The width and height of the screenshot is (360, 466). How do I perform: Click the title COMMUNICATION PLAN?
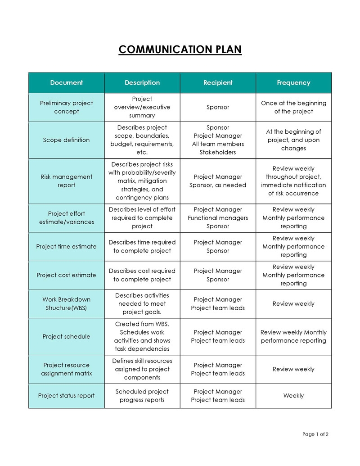180,49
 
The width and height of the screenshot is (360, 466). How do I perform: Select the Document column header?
67,83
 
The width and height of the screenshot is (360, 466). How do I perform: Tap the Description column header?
142,83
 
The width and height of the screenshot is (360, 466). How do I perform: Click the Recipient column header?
218,83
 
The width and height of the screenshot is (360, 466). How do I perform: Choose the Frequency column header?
293,83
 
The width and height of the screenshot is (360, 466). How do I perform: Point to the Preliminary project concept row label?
67,107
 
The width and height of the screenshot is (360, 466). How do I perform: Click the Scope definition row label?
67,140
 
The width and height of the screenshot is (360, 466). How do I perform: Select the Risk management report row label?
67,181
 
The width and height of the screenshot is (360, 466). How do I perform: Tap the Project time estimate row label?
67,247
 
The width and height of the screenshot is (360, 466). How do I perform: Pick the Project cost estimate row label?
67,275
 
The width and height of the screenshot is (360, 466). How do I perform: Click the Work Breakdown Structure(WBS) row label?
67,304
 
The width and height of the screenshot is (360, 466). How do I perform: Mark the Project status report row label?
67,396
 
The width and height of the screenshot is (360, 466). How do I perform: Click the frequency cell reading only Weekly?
293,396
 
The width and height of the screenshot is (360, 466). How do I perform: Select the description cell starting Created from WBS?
142,336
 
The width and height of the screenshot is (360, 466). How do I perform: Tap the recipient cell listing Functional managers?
218,218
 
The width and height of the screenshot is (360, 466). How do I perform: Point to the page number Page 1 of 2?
315,434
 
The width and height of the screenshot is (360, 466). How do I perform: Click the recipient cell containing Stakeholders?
218,140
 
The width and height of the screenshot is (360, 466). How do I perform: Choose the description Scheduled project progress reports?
142,396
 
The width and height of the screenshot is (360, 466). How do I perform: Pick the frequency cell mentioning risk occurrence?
293,181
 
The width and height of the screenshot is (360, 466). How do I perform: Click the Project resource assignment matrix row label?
67,369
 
